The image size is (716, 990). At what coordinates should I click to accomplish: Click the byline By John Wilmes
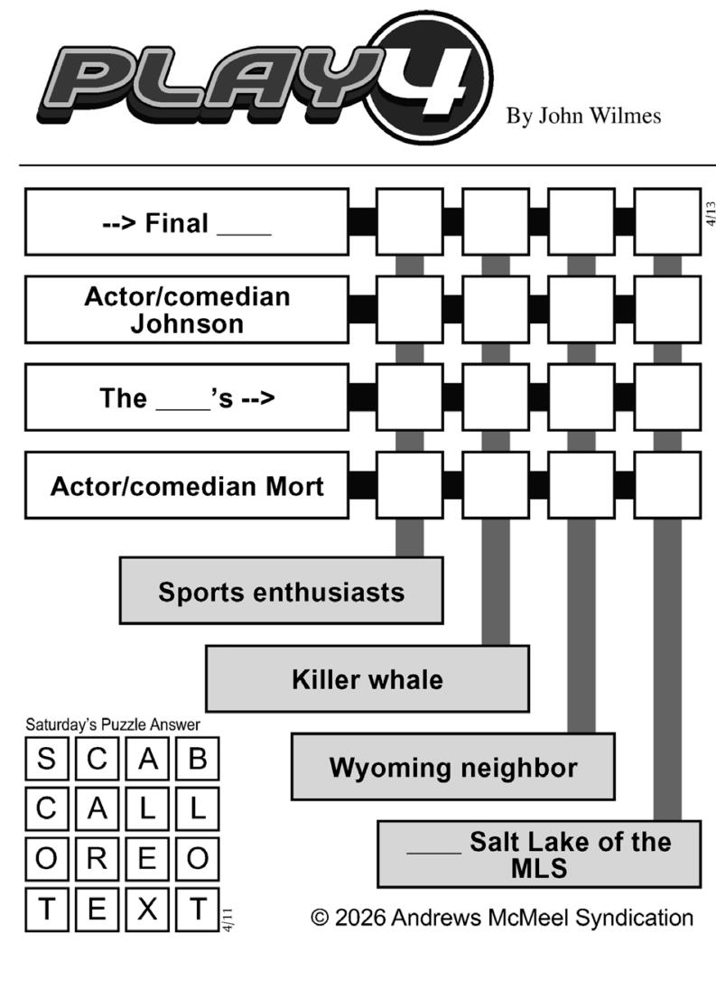tap(583, 116)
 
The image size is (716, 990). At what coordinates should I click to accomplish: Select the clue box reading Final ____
tap(186, 222)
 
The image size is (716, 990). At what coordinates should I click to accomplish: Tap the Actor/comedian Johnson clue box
tap(186, 310)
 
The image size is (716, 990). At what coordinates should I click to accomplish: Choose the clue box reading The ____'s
tap(186, 397)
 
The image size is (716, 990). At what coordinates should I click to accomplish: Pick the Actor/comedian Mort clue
tap(186, 486)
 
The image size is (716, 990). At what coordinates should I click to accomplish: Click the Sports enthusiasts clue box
tap(281, 592)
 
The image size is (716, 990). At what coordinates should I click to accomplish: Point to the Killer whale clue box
tap(367, 679)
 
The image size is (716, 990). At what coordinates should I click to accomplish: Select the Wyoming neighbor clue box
tap(452, 767)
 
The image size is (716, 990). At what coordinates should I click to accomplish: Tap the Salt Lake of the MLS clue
tap(539, 855)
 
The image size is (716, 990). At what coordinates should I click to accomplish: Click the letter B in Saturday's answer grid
tap(197, 760)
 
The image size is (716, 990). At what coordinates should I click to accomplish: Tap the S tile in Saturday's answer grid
tap(45, 760)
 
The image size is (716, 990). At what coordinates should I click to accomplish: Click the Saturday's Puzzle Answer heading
tap(112, 724)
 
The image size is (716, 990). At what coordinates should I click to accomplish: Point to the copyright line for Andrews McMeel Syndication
tap(502, 918)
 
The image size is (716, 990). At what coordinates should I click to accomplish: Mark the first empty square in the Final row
tap(409, 222)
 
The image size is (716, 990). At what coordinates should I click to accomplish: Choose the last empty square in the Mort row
tap(667, 486)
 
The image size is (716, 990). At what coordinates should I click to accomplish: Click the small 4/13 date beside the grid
tap(711, 213)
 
